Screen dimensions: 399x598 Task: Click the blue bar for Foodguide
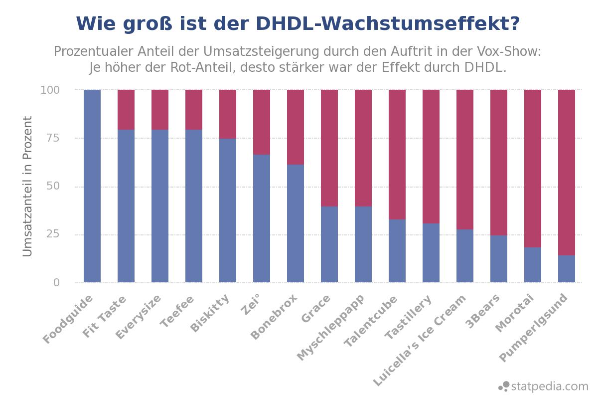point(92,186)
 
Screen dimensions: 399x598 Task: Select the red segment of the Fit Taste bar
point(126,110)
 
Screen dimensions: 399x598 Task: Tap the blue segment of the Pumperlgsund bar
point(567,269)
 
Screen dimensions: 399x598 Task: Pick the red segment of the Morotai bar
point(533,169)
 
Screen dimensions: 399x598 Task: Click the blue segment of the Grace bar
point(329,244)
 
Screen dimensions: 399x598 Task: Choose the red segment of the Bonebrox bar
point(296,127)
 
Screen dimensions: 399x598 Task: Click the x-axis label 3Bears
point(482,312)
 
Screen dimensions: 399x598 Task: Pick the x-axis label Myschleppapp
point(331,327)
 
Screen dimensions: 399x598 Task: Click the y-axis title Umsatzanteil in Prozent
point(28,187)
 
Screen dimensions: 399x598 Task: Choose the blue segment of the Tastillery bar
point(431,253)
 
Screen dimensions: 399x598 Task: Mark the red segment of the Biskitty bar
point(228,114)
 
